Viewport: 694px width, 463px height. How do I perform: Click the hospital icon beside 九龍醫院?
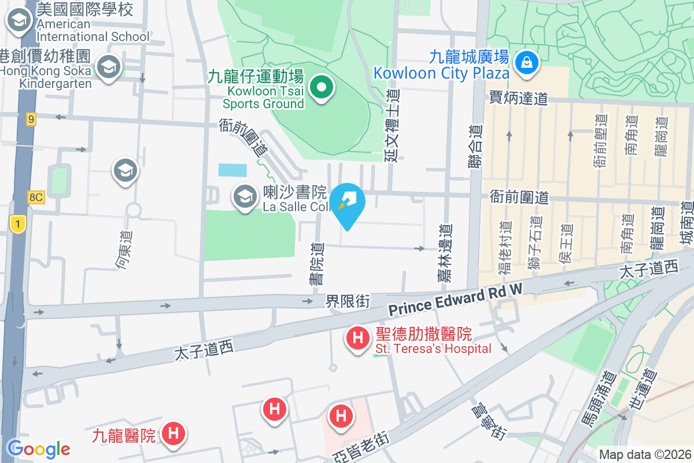click(x=173, y=433)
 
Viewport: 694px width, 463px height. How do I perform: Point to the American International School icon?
click(x=19, y=21)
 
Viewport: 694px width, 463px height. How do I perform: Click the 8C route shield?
click(x=35, y=197)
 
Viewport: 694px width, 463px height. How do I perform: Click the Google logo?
click(x=38, y=449)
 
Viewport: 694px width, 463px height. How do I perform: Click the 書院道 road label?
click(x=316, y=264)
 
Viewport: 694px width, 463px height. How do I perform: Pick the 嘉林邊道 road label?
click(x=444, y=254)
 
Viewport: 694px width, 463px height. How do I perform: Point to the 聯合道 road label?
click(x=475, y=148)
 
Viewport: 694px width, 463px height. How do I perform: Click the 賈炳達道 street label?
click(x=518, y=98)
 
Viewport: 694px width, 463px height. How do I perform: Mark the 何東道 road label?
click(x=124, y=251)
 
